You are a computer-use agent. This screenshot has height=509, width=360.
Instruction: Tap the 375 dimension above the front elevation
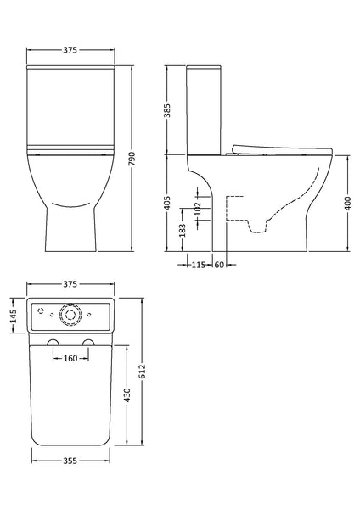pyautogui.click(x=70, y=50)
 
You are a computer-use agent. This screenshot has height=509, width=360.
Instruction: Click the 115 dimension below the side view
pyautogui.click(x=199, y=266)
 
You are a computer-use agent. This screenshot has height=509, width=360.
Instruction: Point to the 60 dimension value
pyautogui.click(x=218, y=266)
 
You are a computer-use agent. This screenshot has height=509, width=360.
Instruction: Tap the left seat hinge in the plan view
pyautogui.click(x=53, y=343)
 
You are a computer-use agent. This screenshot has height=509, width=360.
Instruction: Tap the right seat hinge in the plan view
pyautogui.click(x=88, y=343)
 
